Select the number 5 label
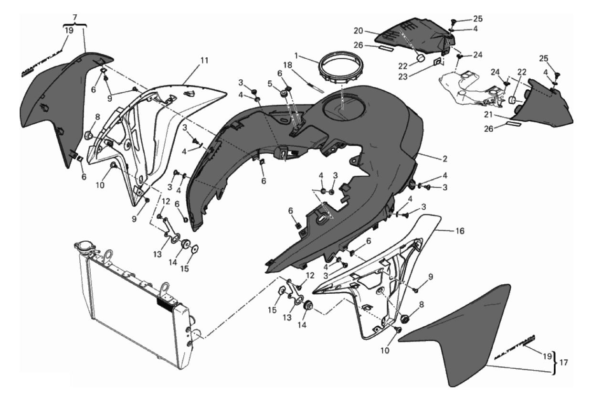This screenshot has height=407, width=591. (x=269, y=83)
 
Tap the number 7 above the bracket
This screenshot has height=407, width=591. (x=74, y=17)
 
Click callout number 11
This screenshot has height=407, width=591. (x=205, y=61)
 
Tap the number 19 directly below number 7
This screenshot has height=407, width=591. (x=69, y=30)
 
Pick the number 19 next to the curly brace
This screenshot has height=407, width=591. (x=547, y=356)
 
